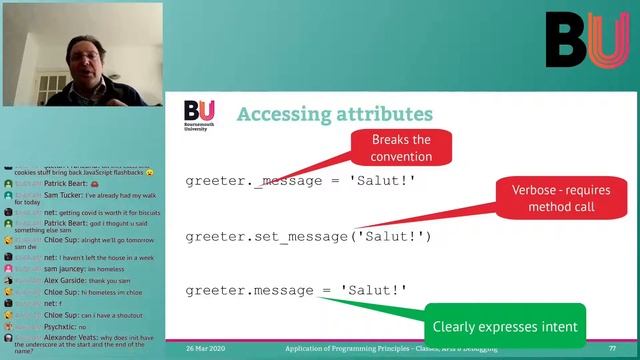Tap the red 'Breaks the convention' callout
[x=401, y=148]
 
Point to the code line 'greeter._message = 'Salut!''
[x=299, y=181]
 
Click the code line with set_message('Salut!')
[x=307, y=236]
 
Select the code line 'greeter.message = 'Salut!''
[x=296, y=290]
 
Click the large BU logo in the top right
[x=586, y=40]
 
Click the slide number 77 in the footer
[x=612, y=348]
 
